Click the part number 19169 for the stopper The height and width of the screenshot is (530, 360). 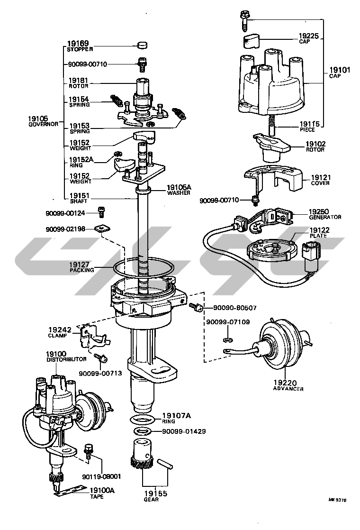coord(78,43)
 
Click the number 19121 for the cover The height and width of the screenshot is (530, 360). coord(321,180)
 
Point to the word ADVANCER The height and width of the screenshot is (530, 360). coord(288,389)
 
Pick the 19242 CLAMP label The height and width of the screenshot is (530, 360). coord(59,332)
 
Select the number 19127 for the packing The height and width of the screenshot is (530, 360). coord(81,267)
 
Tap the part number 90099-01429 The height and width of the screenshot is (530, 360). coord(184,431)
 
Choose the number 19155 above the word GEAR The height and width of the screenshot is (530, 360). coord(155,493)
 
